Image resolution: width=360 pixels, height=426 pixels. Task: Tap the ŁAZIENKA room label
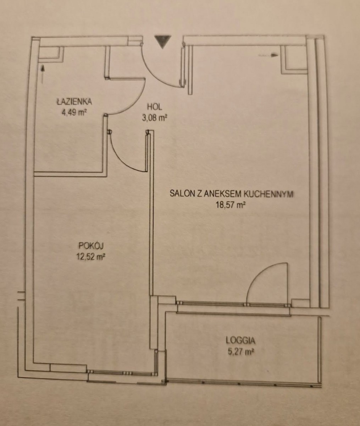click(74, 102)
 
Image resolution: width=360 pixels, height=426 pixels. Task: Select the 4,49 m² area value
click(74, 113)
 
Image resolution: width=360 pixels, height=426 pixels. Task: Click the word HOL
click(154, 107)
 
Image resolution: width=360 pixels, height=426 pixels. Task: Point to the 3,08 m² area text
click(154, 118)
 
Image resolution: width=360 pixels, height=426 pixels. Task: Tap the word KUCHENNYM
click(268, 194)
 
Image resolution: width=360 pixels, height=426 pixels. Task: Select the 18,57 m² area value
click(231, 205)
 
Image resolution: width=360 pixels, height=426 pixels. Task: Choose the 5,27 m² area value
click(240, 351)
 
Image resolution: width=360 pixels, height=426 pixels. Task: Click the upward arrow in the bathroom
click(43, 74)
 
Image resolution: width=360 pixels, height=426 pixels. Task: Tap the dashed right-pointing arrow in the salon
click(268, 55)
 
